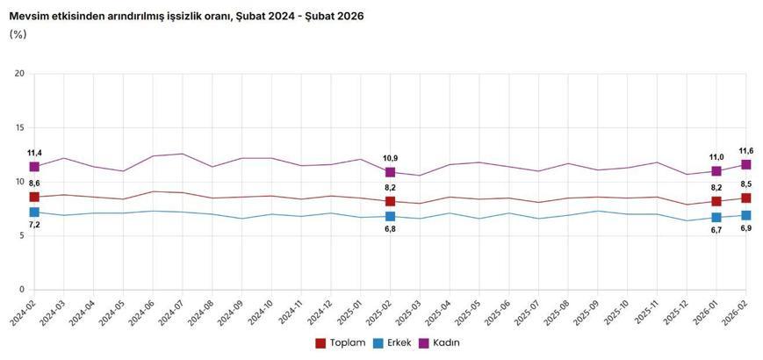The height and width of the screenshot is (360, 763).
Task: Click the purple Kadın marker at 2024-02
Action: pyautogui.click(x=34, y=167)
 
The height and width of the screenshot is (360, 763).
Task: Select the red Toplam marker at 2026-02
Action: pyautogui.click(x=745, y=198)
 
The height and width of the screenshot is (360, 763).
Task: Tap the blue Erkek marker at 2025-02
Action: pyautogui.click(x=390, y=216)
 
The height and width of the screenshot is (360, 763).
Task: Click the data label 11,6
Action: pyautogui.click(x=746, y=151)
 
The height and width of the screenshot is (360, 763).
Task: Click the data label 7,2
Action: pyautogui.click(x=34, y=226)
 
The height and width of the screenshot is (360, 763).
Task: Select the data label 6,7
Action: pyautogui.click(x=716, y=230)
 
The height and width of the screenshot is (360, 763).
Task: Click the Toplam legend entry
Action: pyautogui.click(x=340, y=342)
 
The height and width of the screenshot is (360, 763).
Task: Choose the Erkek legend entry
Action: pyautogui.click(x=393, y=342)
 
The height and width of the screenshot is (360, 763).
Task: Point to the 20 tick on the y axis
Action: pyautogui.click(x=19, y=74)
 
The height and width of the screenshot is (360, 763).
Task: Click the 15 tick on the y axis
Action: pyautogui.click(x=19, y=128)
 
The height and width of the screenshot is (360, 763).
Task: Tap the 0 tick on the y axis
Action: pyautogui.click(x=22, y=290)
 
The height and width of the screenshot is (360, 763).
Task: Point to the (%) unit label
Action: pyautogui.click(x=18, y=34)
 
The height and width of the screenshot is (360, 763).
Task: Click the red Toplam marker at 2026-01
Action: pyautogui.click(x=716, y=202)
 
